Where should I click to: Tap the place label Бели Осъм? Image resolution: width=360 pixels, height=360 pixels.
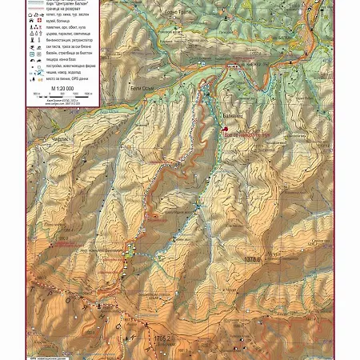142,87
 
